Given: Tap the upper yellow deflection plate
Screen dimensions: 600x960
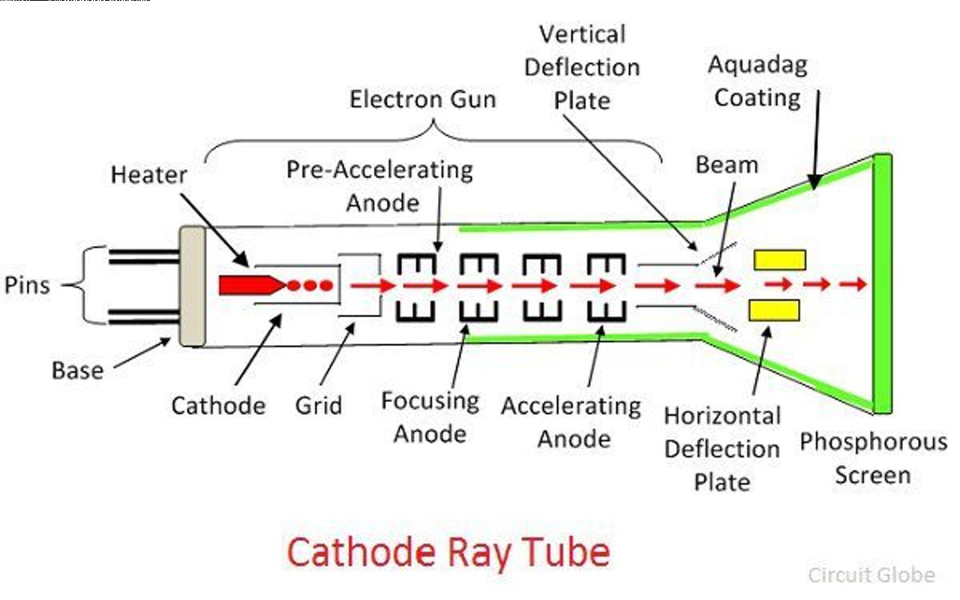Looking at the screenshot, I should click(x=780, y=259).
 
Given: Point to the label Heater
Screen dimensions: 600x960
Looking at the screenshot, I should click(x=148, y=175).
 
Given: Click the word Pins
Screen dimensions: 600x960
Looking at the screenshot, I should click(x=28, y=285).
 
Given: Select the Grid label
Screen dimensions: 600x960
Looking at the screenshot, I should click(x=318, y=405).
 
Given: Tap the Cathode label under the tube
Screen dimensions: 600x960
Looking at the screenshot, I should click(x=218, y=406).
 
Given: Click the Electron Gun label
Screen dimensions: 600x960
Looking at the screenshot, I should click(x=423, y=100).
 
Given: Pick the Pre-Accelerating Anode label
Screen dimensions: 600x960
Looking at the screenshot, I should click(x=379, y=185).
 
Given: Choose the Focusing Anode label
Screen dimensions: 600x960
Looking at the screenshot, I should click(x=430, y=417).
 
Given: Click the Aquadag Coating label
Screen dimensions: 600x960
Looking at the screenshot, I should click(x=757, y=81).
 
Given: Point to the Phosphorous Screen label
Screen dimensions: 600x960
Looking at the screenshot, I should click(x=873, y=457).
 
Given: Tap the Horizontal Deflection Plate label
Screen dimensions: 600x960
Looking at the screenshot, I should click(x=722, y=448).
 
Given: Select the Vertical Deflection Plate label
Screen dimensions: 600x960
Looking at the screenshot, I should click(x=581, y=67).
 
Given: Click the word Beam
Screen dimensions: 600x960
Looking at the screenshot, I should click(x=727, y=165).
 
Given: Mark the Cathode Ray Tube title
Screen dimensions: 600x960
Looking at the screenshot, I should click(x=448, y=553).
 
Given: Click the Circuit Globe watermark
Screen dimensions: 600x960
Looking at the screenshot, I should click(x=871, y=575).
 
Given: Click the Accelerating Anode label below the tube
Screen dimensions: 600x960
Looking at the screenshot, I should click(x=571, y=421).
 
